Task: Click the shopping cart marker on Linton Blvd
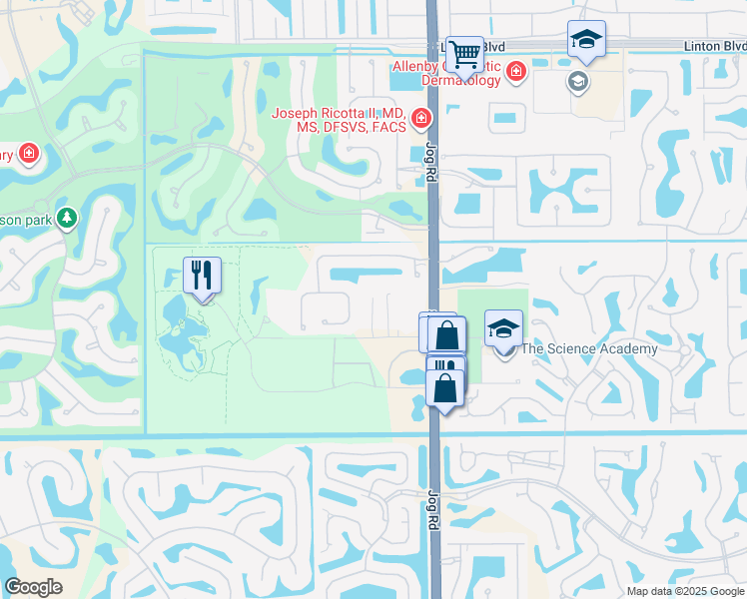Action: click(464, 55)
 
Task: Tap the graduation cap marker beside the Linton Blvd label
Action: click(586, 40)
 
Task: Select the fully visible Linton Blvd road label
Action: click(715, 46)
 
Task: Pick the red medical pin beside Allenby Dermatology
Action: click(515, 71)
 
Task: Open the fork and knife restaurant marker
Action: click(203, 275)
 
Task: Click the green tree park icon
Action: click(67, 218)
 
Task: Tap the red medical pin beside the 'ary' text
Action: click(29, 154)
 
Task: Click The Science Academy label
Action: click(589, 348)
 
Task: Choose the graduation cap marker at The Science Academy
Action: click(503, 328)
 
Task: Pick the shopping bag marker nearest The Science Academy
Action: click(446, 334)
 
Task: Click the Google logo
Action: click(32, 586)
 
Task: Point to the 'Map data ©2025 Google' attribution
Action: click(685, 591)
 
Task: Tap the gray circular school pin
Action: click(577, 82)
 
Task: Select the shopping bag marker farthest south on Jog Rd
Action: click(444, 387)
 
